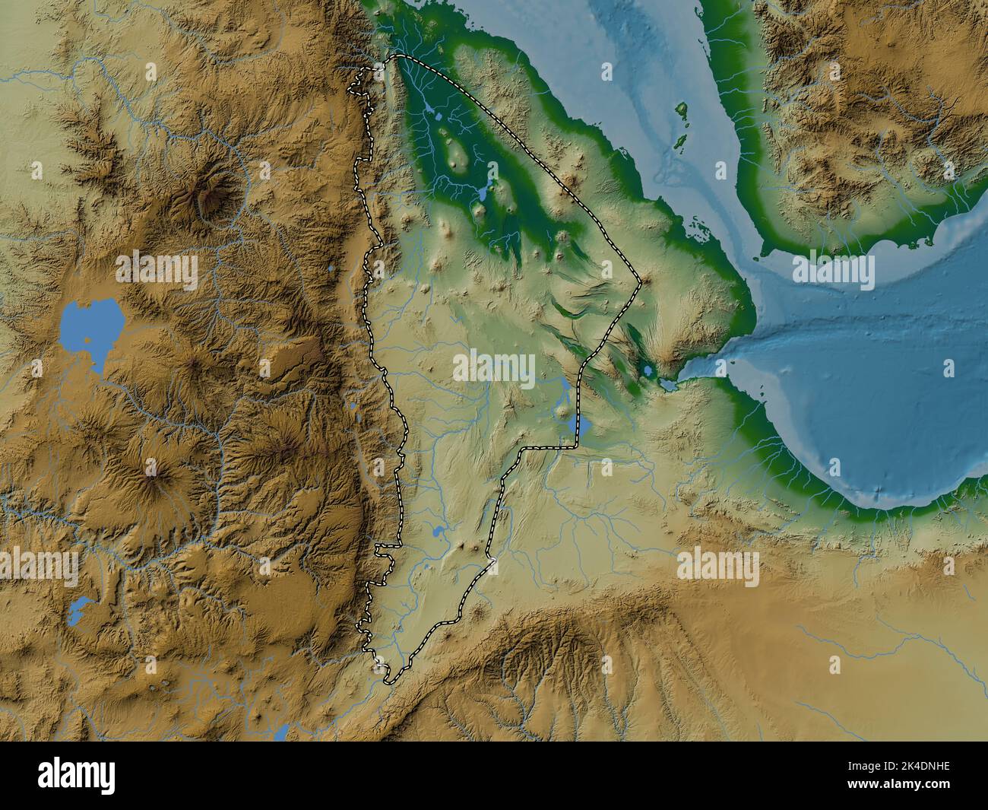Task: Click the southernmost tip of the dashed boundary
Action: (x=388, y=682)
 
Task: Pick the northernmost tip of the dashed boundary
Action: (x=398, y=56)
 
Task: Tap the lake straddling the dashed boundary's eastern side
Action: (x=583, y=426)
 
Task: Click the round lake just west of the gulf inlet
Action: (x=647, y=371)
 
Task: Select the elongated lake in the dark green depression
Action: (x=482, y=193)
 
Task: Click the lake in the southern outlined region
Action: (x=439, y=533)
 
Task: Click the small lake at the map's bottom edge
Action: (x=281, y=734)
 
